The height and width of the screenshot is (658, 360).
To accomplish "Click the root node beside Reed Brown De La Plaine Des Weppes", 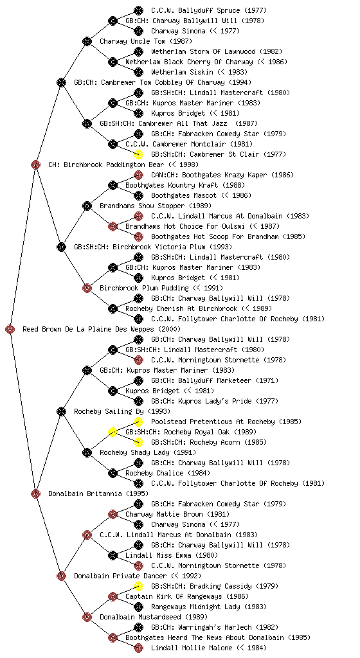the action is tap(10, 329).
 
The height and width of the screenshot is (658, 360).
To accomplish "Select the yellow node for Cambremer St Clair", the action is tap(138, 154).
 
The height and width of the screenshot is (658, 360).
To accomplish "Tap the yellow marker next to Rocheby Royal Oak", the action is tap(113, 432).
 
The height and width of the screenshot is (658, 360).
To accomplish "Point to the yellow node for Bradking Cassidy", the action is tap(138, 586).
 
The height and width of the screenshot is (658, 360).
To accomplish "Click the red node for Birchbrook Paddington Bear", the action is tap(35, 164).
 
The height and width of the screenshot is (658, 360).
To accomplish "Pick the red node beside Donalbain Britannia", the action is tap(35, 493).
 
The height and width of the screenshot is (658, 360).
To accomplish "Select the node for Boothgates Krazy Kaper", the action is tap(138, 175).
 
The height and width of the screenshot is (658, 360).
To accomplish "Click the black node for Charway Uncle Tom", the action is tap(87, 41).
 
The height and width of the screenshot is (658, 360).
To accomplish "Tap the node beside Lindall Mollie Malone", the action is tap(138, 648).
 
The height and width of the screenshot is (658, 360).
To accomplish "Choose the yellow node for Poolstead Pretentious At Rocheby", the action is tap(138, 422).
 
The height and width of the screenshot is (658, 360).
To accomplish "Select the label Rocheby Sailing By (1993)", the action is tap(122, 412).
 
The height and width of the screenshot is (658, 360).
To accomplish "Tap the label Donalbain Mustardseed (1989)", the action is tap(154, 618).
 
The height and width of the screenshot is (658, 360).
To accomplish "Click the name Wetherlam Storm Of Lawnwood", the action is tap(203, 51).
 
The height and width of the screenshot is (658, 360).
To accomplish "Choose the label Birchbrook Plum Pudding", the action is tap(145, 289).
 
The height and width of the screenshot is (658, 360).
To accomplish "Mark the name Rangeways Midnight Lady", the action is tap(195, 607).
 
